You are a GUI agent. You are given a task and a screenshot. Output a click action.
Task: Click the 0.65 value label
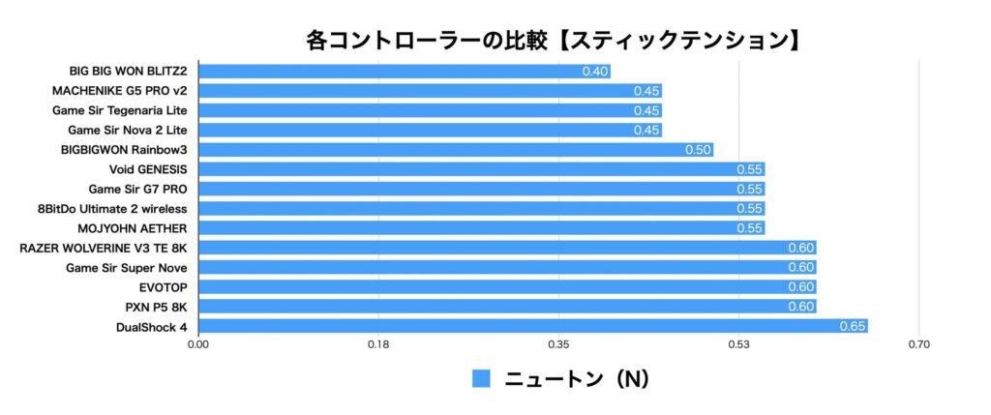(x=852, y=326)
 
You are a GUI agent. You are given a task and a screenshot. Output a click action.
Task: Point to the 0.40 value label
(x=595, y=72)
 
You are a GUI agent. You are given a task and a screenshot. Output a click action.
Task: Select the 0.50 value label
(x=698, y=150)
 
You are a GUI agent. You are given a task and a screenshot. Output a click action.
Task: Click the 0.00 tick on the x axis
(x=198, y=344)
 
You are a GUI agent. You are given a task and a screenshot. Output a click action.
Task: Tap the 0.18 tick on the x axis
(x=378, y=344)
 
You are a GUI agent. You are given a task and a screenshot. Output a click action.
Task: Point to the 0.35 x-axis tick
(x=558, y=344)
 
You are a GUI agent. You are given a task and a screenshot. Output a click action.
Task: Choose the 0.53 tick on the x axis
(x=738, y=344)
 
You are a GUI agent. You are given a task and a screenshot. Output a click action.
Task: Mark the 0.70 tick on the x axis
(x=919, y=344)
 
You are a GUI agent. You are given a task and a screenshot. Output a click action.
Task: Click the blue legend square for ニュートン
(x=481, y=378)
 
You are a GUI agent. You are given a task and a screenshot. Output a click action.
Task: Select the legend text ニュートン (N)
(x=577, y=378)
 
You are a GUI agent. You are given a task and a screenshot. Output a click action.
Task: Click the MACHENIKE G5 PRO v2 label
(x=119, y=91)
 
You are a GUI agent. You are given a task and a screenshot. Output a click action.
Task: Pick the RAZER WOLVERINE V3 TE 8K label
(x=103, y=248)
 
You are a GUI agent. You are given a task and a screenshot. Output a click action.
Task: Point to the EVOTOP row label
(x=164, y=286)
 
